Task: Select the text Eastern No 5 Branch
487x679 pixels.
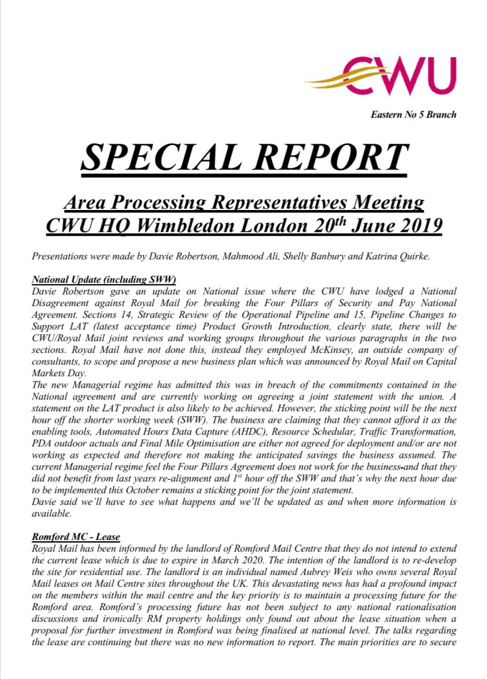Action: (414, 115)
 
